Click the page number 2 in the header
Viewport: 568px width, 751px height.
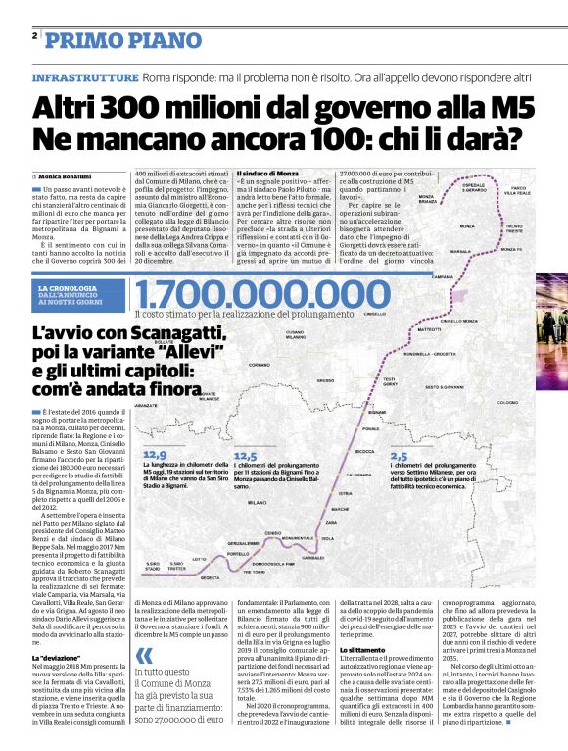click(35, 35)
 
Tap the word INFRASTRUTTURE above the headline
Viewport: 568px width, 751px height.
click(85, 76)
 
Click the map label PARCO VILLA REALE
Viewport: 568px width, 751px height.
click(519, 190)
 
